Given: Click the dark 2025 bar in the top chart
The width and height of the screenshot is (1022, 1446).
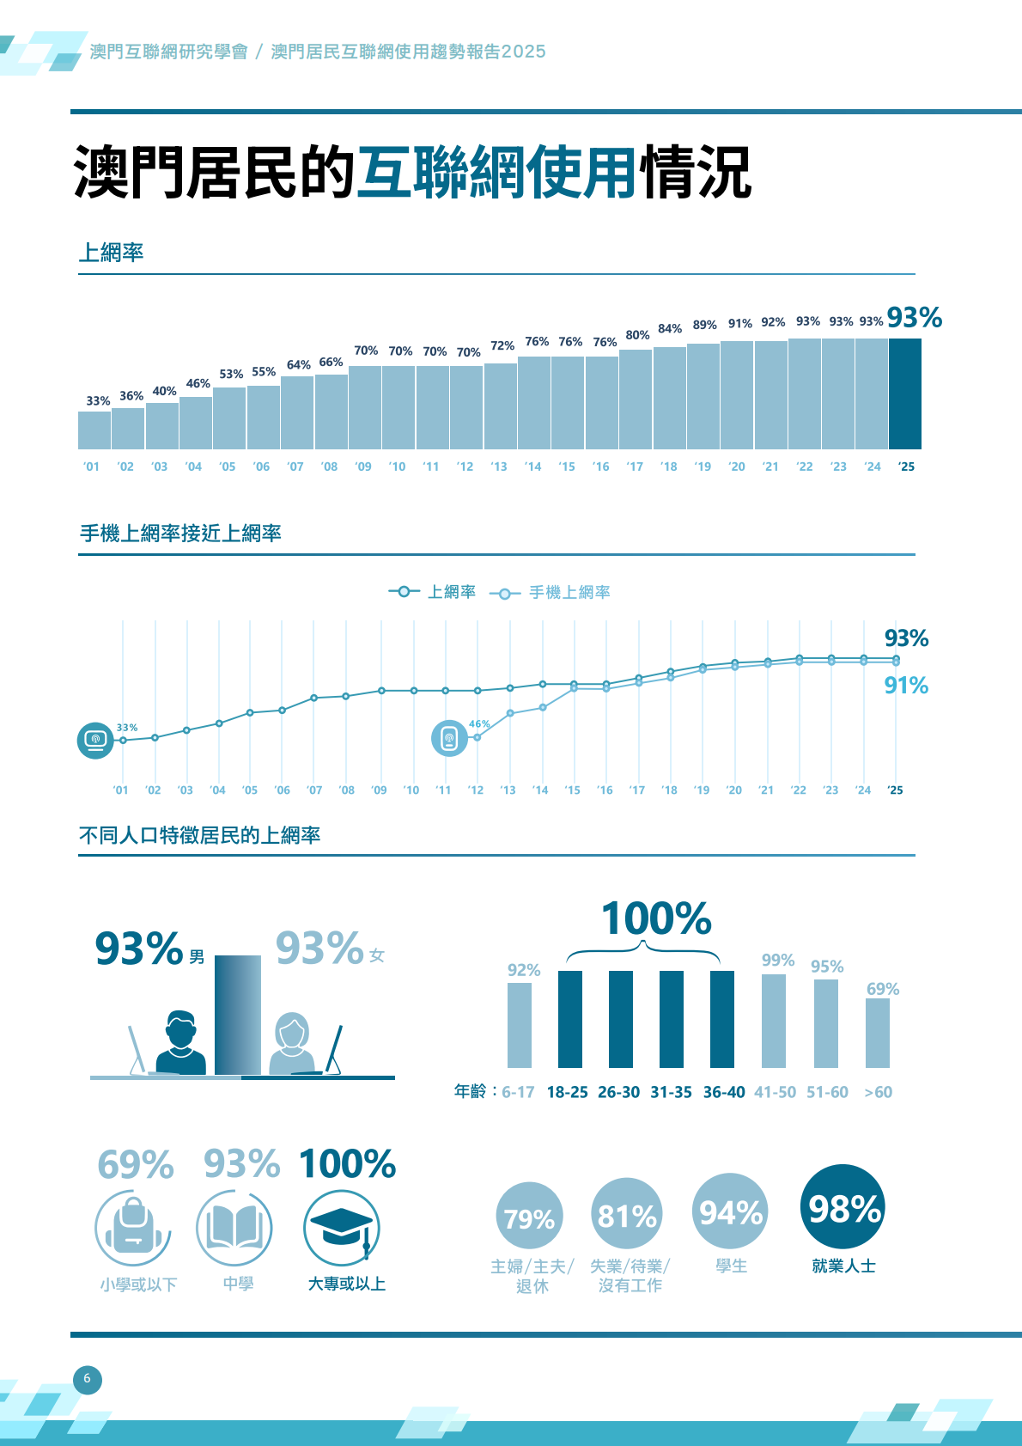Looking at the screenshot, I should (905, 394).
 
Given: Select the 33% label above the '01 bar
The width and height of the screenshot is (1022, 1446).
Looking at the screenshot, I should (98, 401).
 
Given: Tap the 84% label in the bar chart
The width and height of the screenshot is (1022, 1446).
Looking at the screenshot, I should (670, 329).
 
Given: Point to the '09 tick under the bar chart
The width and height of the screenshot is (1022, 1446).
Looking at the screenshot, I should (363, 467).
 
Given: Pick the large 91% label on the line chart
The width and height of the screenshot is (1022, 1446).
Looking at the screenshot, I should (906, 686).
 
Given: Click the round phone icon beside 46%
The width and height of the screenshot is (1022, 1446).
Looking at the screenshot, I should (449, 738).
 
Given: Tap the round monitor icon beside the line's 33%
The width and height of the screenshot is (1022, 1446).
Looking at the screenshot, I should (95, 740).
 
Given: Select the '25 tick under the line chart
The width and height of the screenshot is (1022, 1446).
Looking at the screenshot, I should (895, 790).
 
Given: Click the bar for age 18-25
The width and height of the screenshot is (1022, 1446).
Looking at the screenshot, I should (570, 1019).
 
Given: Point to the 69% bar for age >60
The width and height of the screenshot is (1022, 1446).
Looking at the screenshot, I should (878, 1033).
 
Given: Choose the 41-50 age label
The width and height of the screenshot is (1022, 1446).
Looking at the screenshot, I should (775, 1092).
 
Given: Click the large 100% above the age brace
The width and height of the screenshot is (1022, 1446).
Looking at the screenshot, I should (656, 918).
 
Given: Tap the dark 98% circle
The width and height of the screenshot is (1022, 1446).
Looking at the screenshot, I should (843, 1207).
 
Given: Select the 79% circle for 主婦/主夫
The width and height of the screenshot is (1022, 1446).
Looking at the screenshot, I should (529, 1217).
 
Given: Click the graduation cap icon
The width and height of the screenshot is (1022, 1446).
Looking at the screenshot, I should (342, 1228).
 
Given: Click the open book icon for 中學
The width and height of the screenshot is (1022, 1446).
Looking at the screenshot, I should (234, 1228).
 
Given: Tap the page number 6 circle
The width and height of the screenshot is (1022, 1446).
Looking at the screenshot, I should (87, 1380).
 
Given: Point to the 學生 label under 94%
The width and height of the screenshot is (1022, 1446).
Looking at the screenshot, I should (732, 1266).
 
